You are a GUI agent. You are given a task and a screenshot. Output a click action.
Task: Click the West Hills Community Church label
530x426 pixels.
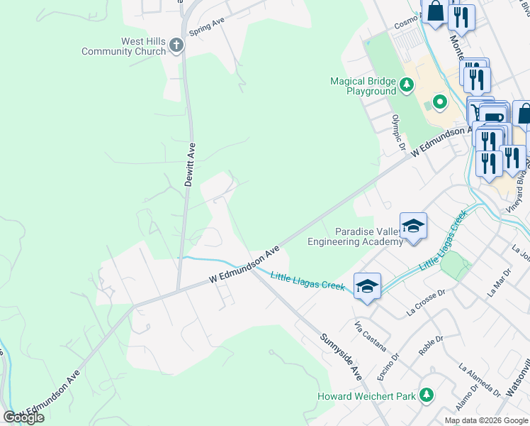tap(123, 46)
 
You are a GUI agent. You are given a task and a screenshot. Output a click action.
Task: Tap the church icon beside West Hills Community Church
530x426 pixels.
tap(176, 46)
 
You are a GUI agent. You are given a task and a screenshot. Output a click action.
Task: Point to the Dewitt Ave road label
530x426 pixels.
tap(189, 164)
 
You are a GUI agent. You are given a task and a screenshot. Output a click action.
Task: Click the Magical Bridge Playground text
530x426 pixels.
tap(362, 86)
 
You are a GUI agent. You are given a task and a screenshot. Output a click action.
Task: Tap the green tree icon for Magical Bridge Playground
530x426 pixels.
tap(406, 86)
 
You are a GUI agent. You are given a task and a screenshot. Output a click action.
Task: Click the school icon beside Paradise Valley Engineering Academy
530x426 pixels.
tap(413, 226)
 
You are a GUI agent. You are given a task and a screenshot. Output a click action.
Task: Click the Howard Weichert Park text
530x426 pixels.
tap(366, 395)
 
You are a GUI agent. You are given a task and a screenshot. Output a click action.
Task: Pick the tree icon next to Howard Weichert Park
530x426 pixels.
tap(426, 395)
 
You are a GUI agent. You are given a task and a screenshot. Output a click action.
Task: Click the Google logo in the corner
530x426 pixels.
tap(23, 417)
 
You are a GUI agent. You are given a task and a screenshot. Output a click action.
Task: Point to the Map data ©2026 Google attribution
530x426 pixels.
tap(486, 420)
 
